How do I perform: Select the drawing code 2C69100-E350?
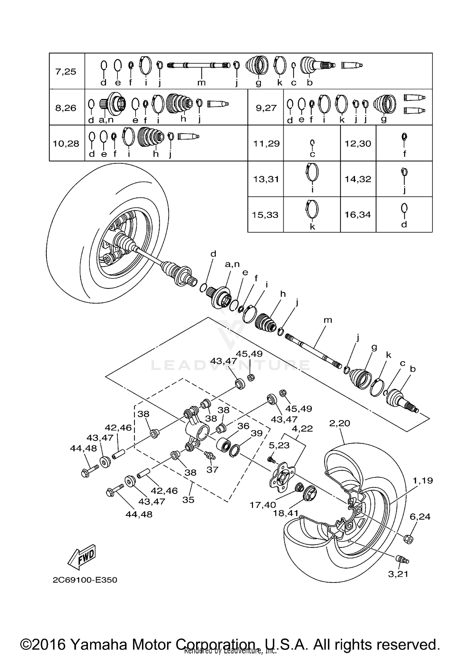tap(85, 580)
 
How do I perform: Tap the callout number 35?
tap(188, 500)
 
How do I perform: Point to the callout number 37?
tap(212, 469)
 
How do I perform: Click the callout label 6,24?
tap(420, 517)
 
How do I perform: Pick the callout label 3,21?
tap(398, 574)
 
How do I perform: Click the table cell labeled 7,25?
tap(65, 72)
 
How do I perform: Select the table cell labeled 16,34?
tap(358, 214)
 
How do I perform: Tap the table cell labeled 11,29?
tap(266, 143)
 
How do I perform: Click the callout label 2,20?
tap(340, 423)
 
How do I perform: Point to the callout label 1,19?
tap(423, 480)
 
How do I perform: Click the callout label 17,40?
tap(263, 505)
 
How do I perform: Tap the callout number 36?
tap(243, 426)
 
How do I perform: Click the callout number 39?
tap(257, 433)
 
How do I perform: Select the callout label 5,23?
tap(279, 445)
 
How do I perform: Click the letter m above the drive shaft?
tap(328, 320)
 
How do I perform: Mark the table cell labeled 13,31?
tap(266, 179)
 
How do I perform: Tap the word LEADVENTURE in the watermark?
tap(230, 365)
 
